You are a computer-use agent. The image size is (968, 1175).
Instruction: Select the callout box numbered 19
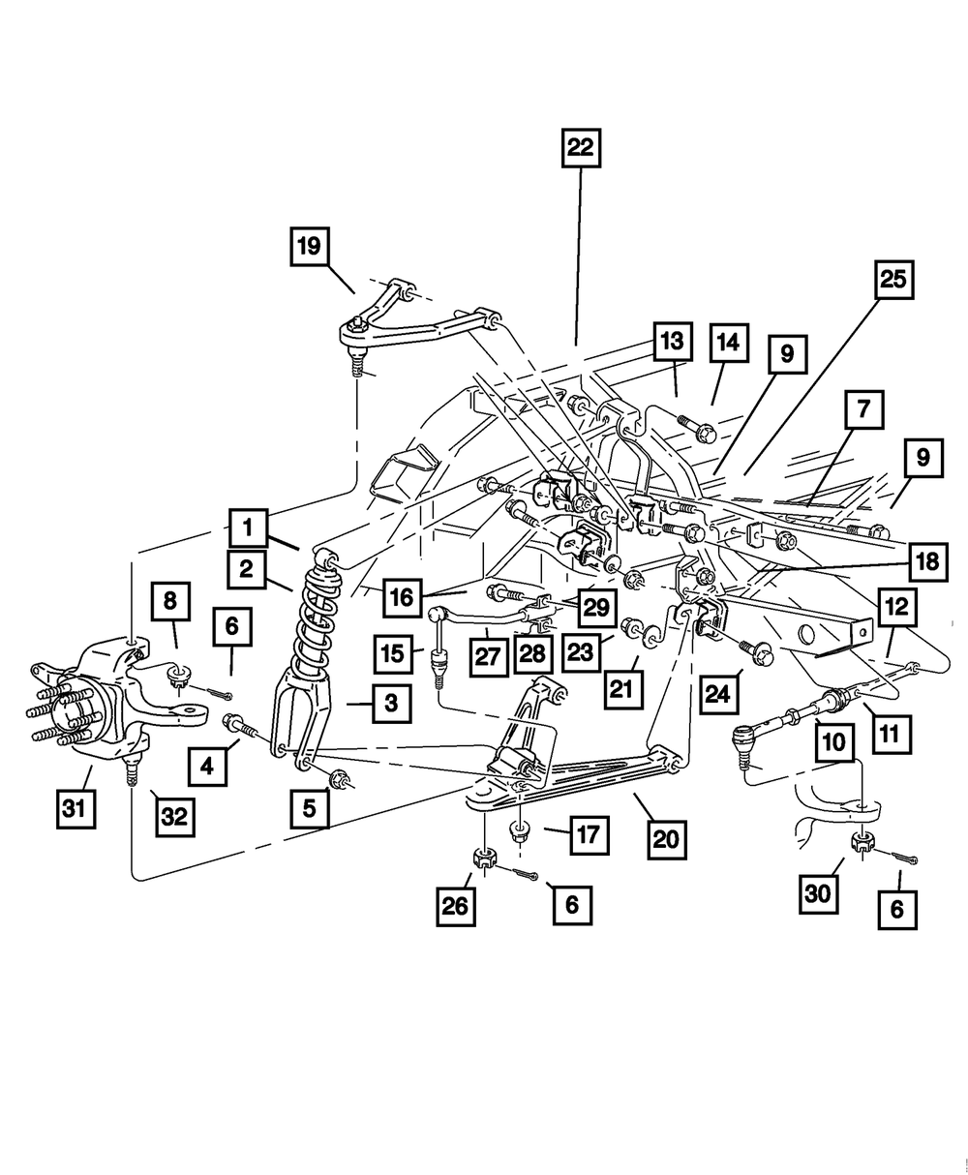point(309,246)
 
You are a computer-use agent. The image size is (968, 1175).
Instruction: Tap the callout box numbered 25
point(892,280)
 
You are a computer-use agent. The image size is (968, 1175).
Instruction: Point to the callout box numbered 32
point(173,816)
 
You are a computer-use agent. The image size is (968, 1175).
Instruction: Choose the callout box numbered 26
point(455,906)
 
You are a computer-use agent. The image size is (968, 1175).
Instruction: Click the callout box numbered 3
point(390,705)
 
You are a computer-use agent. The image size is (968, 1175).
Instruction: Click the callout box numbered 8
point(170,602)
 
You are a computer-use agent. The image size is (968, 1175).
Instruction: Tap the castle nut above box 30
point(860,841)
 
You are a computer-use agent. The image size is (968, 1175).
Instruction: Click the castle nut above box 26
point(483,858)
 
